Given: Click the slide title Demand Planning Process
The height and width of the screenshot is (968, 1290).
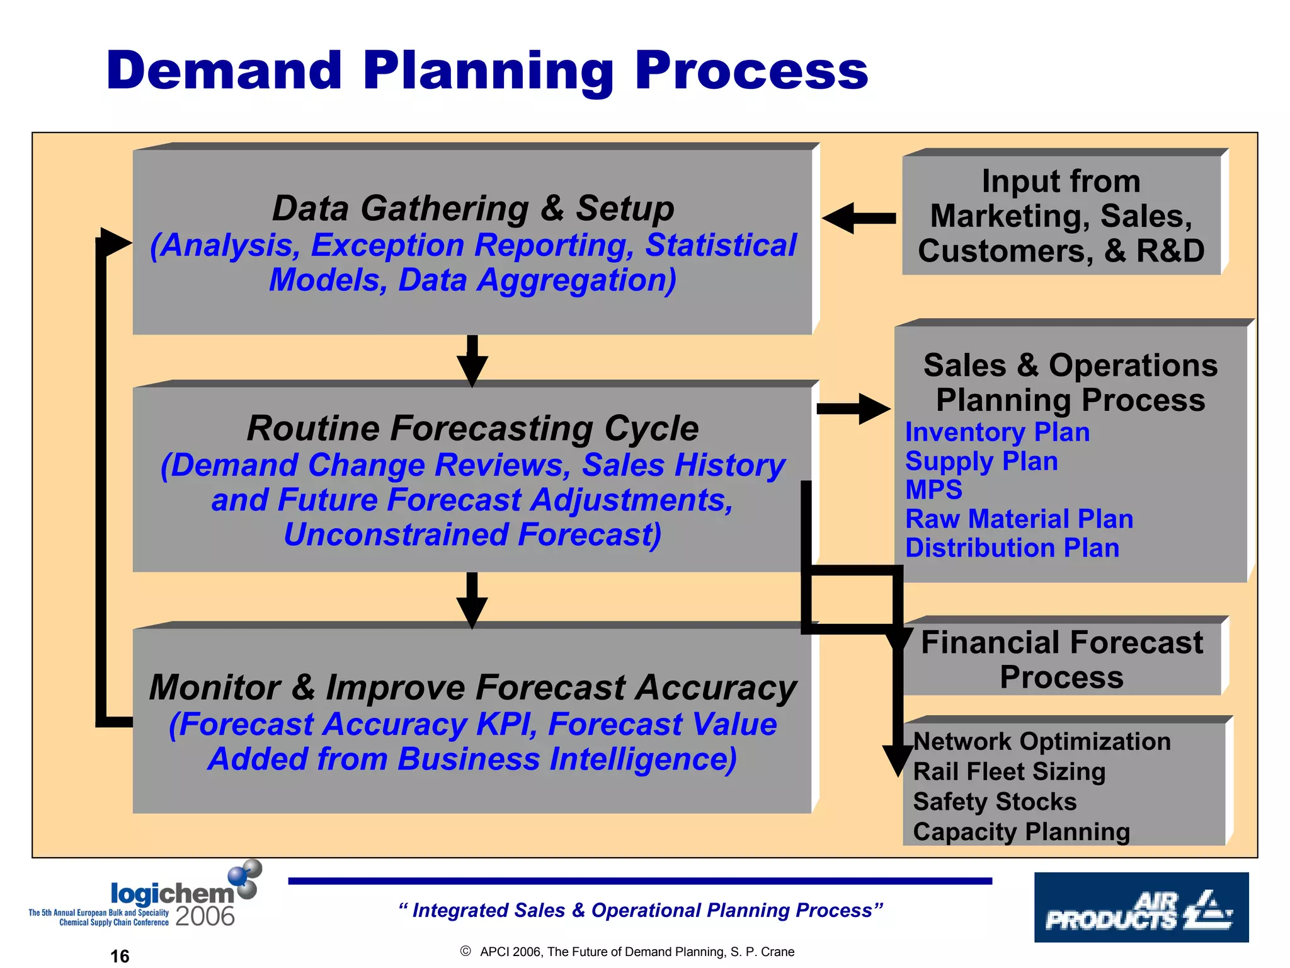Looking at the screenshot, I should click(x=487, y=71).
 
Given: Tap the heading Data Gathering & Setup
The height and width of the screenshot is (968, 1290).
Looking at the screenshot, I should click(x=472, y=208).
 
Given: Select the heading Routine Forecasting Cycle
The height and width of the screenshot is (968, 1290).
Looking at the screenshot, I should click(x=472, y=428).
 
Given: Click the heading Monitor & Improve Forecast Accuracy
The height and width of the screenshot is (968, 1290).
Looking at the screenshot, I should click(x=472, y=687).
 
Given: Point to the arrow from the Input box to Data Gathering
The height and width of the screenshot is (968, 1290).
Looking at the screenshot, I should click(x=859, y=218).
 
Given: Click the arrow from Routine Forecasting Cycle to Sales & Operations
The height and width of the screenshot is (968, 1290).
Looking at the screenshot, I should click(x=853, y=409).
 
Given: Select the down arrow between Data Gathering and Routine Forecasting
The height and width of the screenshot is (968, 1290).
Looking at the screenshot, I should click(x=472, y=360).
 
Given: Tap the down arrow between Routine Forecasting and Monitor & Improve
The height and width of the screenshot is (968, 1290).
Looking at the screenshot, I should click(x=472, y=599).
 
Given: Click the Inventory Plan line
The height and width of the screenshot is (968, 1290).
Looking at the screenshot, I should click(x=997, y=432).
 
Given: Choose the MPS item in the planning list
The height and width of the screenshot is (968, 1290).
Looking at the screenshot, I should click(x=933, y=490).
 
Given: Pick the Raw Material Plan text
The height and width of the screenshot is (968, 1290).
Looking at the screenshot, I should click(x=1019, y=519).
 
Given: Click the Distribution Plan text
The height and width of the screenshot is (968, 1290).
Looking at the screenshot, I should click(x=1012, y=548).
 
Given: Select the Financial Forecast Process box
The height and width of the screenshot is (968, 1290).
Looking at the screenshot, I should click(x=1061, y=659).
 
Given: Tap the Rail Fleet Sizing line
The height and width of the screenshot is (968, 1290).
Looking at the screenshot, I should click(x=1009, y=771).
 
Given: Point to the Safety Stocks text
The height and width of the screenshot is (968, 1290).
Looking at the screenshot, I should click(x=995, y=802).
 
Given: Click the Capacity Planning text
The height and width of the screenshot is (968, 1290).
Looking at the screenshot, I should click(x=1021, y=832).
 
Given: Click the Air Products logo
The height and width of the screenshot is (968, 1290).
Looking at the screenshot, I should click(x=1141, y=907).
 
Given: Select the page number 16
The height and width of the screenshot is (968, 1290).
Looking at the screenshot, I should click(x=120, y=956).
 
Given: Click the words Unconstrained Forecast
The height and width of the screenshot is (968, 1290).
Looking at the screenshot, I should click(x=472, y=534).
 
